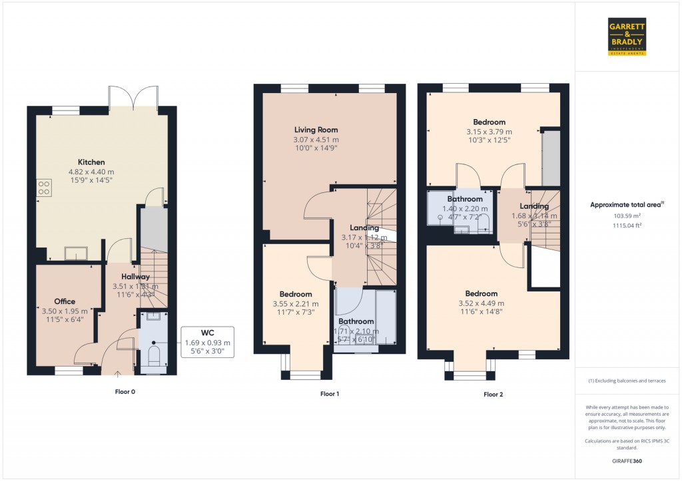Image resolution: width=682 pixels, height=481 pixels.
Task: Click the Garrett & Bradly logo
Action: pos(627,37)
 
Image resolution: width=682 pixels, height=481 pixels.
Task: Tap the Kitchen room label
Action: pos(91,162)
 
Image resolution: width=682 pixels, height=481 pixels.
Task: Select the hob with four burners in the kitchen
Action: pos(44,188)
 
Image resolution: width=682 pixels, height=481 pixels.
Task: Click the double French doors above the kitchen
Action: pos(135,98)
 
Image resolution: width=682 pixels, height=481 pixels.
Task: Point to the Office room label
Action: pos(65,301)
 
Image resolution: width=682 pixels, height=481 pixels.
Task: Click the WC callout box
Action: pos(208,342)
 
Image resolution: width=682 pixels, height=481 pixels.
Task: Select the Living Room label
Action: pos(316,130)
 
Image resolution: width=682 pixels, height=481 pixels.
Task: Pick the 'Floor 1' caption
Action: pos(330,394)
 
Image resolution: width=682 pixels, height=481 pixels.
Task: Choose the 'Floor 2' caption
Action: pos(493,395)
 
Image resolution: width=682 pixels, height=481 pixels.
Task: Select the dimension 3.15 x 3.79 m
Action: pos(489,132)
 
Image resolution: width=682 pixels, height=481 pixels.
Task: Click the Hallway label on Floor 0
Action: pos(135,277)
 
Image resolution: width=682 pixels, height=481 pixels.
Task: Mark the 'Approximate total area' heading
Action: pos(627,205)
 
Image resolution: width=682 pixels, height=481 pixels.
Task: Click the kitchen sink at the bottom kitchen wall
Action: pos(75,253)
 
